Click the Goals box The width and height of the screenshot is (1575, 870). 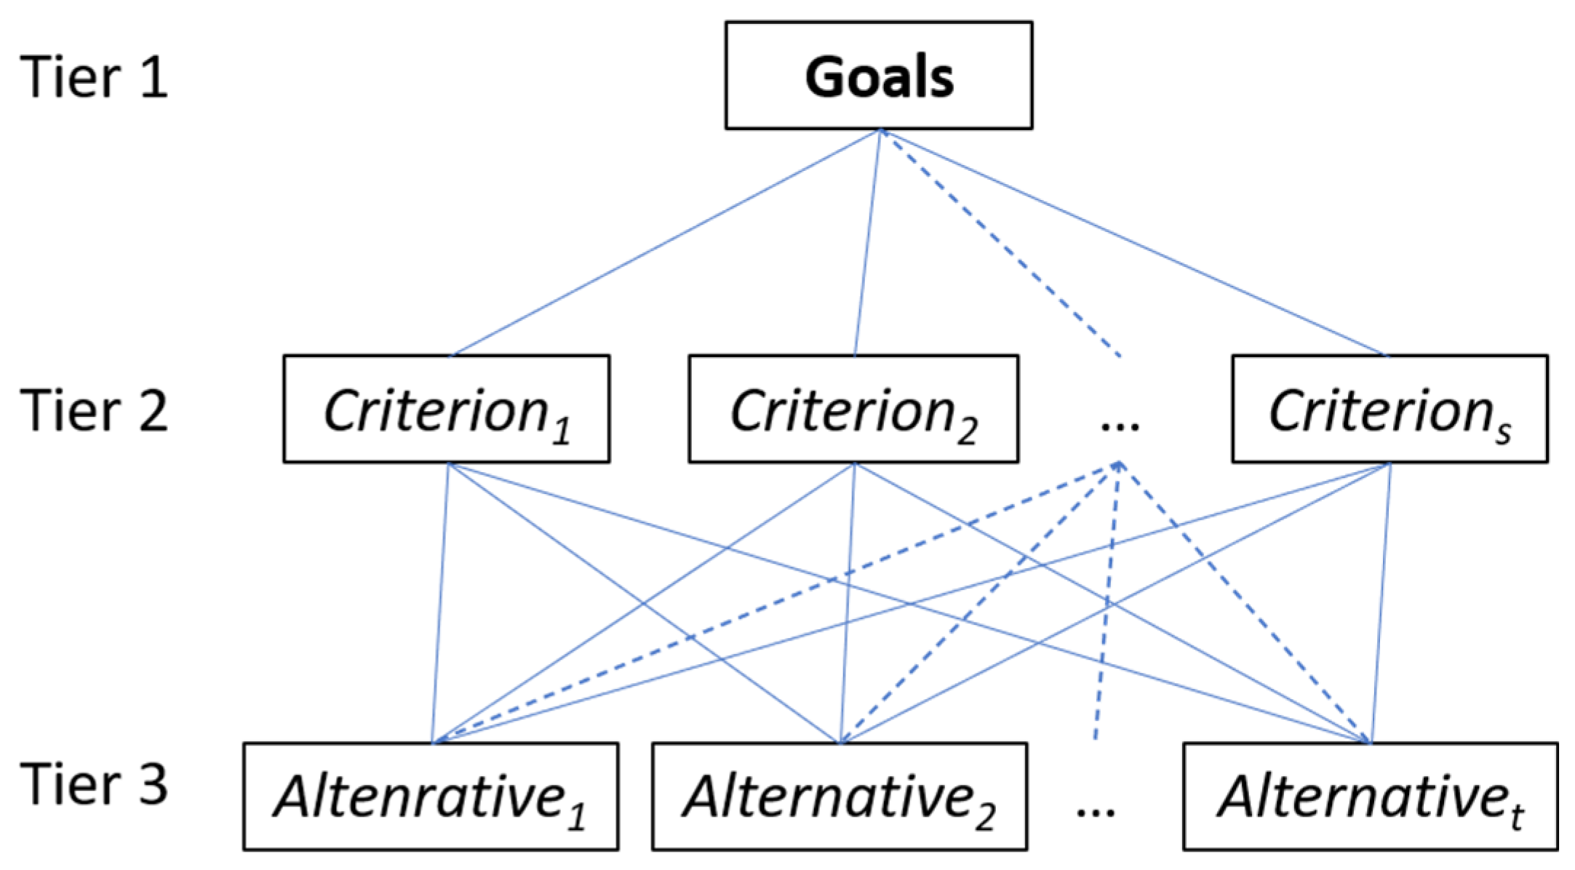tap(879, 76)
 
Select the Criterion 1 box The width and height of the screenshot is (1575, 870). tap(447, 409)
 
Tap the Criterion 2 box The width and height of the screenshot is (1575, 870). tap(854, 409)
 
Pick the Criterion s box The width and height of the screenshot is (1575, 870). tap(1390, 409)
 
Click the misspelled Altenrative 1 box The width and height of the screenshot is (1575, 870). tap(431, 797)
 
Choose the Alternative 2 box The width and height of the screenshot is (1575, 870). tap(840, 797)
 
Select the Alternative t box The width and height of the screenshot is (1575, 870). tap(1371, 797)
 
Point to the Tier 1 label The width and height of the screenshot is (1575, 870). tap(95, 77)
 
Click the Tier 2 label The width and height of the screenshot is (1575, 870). tap(95, 411)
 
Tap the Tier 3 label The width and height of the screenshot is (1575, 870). tap(95, 784)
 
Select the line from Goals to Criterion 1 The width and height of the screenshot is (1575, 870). tap(666, 243)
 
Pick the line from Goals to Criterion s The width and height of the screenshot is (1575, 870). tap(1134, 243)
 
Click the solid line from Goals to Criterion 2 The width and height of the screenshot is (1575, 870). tap(867, 243)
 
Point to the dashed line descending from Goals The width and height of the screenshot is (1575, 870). tap(1000, 243)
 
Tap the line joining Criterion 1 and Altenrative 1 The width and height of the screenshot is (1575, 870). tap(440, 603)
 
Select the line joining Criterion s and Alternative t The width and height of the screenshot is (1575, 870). tap(1381, 603)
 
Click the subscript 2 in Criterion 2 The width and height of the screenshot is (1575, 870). tap(967, 431)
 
